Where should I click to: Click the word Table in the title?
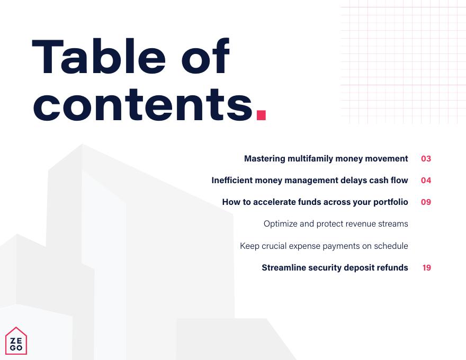(99, 57)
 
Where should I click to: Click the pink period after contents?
(261, 115)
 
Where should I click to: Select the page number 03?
(426, 159)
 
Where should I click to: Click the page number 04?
(426, 181)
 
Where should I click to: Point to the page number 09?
(426, 202)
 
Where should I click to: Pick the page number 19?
(426, 268)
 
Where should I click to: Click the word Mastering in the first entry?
(264, 159)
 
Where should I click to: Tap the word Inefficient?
(232, 181)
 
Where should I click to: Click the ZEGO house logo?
(16, 341)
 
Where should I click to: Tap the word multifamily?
(310, 159)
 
